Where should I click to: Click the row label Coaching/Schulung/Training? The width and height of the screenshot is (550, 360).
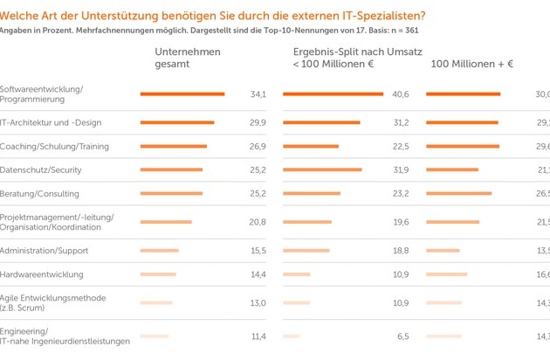(x=54, y=146)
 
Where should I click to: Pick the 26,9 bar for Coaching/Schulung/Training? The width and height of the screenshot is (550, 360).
(x=173, y=146)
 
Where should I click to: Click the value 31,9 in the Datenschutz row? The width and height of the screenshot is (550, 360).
(x=401, y=170)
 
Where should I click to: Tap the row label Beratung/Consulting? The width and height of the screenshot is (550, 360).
(x=40, y=193)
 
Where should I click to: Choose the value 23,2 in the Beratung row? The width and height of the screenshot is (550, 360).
(x=401, y=193)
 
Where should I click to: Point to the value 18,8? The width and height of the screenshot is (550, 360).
(x=401, y=251)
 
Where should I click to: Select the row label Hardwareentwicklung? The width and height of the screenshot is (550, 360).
(x=42, y=274)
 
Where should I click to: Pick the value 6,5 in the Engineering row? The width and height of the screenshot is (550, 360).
(x=403, y=336)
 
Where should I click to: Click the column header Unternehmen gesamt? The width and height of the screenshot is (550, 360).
(x=188, y=58)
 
